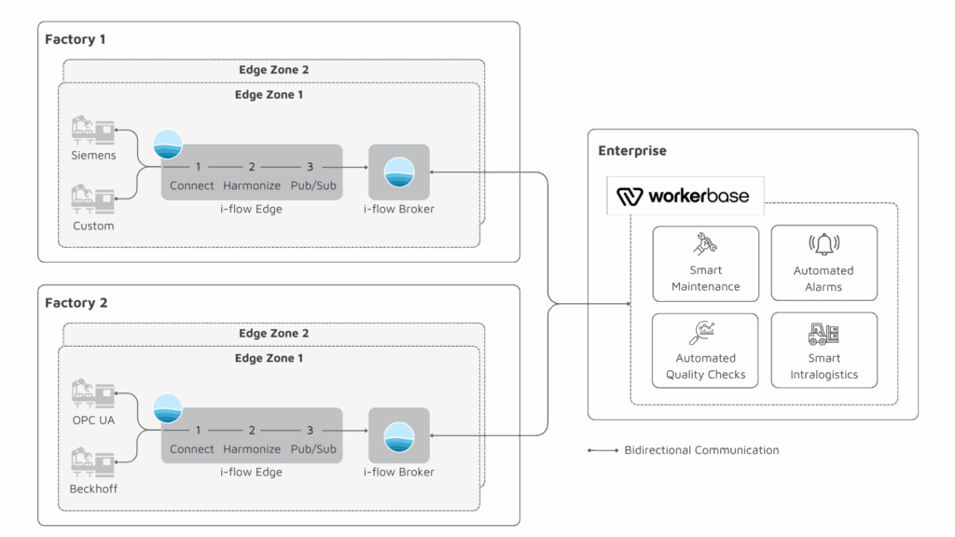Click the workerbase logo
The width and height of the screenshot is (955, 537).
click(x=685, y=196)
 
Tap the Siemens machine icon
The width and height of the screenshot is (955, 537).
click(x=93, y=131)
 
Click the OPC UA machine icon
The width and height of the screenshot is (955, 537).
click(x=93, y=393)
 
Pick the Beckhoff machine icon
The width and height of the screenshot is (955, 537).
click(x=93, y=463)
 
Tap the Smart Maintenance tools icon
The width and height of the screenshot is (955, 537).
click(x=705, y=245)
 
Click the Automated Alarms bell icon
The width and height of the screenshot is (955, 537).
click(x=824, y=245)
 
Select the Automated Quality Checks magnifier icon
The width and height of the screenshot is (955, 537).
click(x=705, y=333)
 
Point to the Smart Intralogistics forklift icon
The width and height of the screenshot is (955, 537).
click(x=824, y=333)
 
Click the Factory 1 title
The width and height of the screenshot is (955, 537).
click(x=76, y=39)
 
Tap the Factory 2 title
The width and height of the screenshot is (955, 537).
click(x=76, y=303)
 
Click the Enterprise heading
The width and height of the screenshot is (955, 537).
click(x=632, y=150)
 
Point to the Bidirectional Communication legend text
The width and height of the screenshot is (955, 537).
click(x=701, y=450)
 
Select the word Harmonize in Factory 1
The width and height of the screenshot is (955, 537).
click(x=252, y=186)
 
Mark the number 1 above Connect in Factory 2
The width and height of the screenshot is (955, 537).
click(x=199, y=430)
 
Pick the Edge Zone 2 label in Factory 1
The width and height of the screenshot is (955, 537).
click(x=273, y=70)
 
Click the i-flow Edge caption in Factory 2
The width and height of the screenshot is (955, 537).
click(x=251, y=472)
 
